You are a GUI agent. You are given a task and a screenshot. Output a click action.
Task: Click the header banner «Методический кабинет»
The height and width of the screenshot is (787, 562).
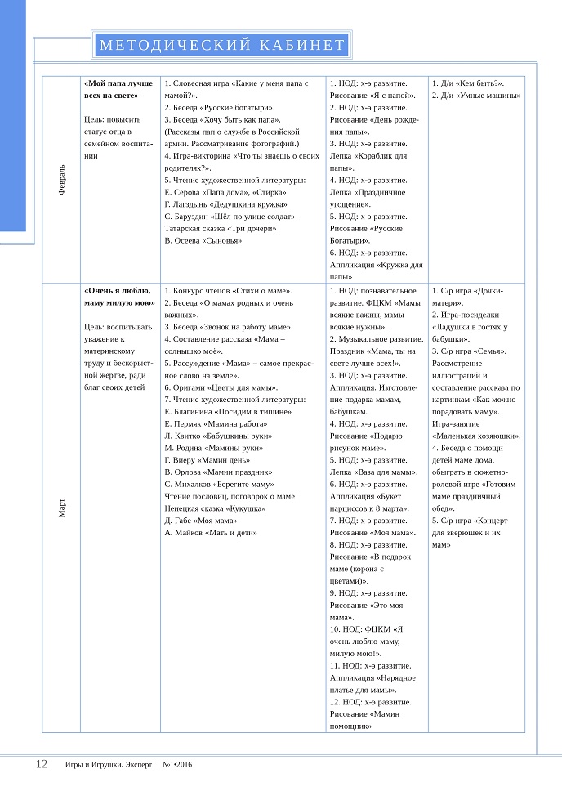point(221,45)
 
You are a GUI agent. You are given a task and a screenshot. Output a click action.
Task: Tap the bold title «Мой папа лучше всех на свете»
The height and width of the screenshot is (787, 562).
point(118,89)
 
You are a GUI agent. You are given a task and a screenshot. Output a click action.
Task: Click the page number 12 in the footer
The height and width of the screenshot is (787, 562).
point(42,764)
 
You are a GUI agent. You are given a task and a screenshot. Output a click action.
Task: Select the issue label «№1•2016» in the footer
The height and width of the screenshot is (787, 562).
point(178,765)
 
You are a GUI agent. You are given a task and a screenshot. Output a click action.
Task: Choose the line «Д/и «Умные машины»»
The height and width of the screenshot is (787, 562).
point(477,96)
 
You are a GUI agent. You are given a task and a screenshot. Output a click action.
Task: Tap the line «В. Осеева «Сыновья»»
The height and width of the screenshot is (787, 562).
point(203,240)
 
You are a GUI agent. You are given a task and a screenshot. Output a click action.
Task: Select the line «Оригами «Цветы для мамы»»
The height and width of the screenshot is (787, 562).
point(221,387)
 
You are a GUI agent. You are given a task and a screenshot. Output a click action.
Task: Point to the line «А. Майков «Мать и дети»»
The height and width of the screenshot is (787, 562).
point(211,533)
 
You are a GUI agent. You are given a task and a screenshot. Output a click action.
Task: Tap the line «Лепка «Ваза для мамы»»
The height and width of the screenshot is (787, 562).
point(373,472)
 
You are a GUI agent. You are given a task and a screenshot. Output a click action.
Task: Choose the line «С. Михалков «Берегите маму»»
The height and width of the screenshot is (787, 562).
point(219,484)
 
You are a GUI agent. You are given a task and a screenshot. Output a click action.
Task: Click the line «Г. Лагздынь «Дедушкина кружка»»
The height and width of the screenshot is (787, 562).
point(225,204)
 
